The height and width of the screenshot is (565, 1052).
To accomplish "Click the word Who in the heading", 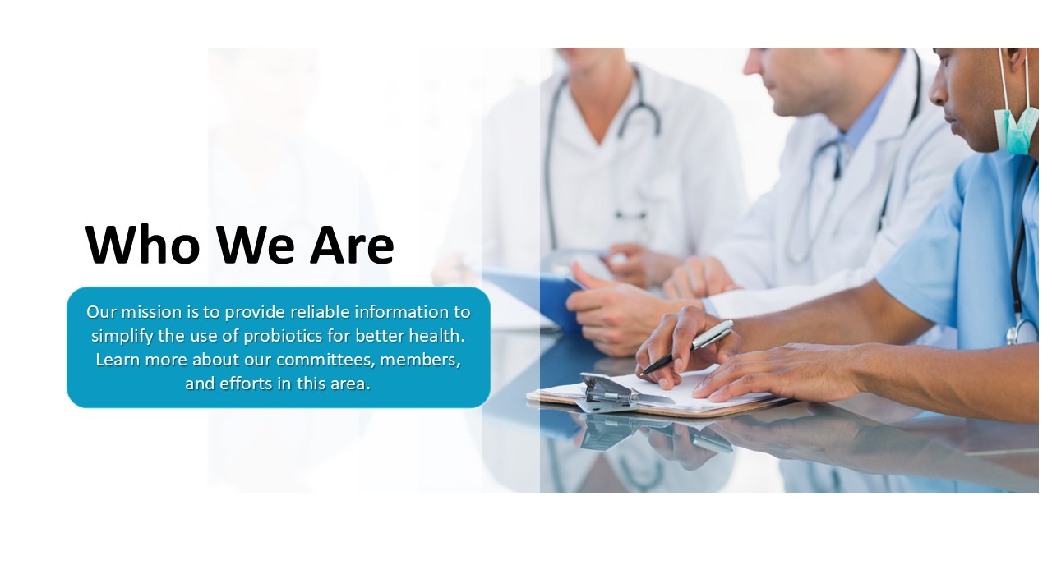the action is click(x=143, y=245).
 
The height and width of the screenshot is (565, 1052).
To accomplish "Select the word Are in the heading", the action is click(x=352, y=245).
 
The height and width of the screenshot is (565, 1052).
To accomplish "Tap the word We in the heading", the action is click(x=255, y=245).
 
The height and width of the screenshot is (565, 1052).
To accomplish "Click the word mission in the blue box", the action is click(x=151, y=311).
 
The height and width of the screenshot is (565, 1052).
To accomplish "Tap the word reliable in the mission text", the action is click(x=320, y=311).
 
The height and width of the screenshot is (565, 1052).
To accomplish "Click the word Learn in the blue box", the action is click(x=118, y=360).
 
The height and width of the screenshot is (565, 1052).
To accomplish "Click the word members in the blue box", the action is click(x=420, y=360).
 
